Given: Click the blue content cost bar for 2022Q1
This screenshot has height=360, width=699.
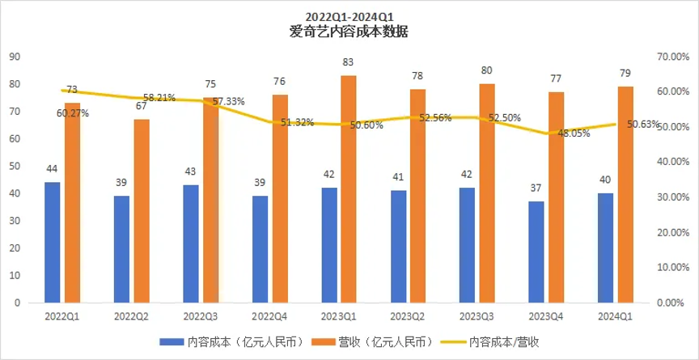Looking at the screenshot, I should pos(53,242).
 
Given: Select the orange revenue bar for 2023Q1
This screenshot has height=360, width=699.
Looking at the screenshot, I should pos(347,188).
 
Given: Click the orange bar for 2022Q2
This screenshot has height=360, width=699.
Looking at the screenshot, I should pos(142,210).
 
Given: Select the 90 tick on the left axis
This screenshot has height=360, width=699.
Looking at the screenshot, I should pos(15,57).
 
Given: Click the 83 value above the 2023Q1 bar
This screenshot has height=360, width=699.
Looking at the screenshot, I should pos(348,61).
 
